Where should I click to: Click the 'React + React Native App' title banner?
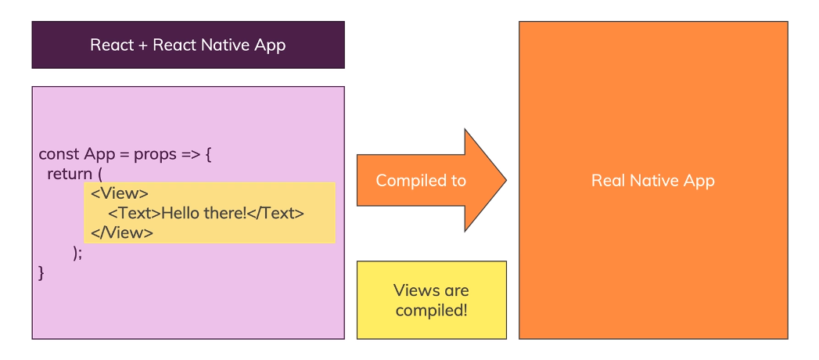(188, 45)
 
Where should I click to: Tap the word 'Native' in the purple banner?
(225, 45)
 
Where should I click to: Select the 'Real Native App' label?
(653, 181)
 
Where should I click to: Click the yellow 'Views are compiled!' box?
(431, 300)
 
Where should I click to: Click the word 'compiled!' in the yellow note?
(431, 310)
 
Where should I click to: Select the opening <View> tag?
(120, 193)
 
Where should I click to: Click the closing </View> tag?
(122, 232)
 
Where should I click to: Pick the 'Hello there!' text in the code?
(203, 213)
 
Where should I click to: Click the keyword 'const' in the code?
(59, 154)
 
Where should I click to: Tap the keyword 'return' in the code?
(70, 174)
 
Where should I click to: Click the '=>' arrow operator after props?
(191, 154)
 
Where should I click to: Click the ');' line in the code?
(77, 252)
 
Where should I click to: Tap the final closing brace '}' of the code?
(41, 272)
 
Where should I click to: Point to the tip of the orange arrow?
(505, 181)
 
